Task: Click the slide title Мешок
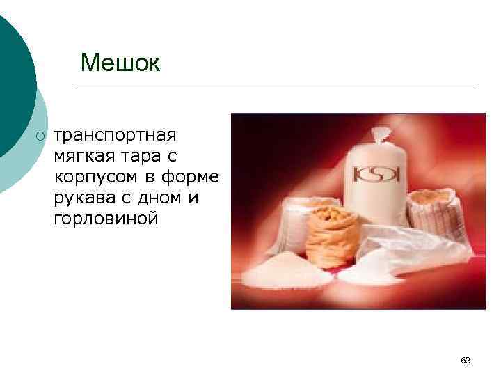[x=120, y=63]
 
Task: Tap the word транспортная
[x=116, y=134]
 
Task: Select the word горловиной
[x=106, y=219]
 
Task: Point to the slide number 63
[x=466, y=360]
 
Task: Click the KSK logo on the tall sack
[x=375, y=173]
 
